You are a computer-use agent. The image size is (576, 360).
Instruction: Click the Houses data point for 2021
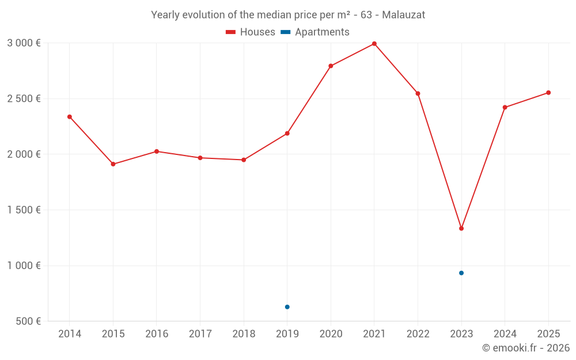click(x=374, y=44)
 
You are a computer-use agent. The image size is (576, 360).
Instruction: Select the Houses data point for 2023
click(x=461, y=229)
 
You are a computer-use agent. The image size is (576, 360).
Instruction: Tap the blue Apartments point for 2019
click(x=287, y=307)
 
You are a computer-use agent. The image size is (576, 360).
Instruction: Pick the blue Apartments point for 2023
click(x=461, y=273)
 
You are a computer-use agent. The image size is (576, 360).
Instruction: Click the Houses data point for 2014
click(x=70, y=117)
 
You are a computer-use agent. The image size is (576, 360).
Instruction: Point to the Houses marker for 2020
click(x=331, y=66)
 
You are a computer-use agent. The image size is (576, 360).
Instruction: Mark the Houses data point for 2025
click(x=548, y=93)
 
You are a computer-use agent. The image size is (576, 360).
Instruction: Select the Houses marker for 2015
click(x=113, y=164)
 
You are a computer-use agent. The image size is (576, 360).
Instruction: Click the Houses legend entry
click(x=251, y=32)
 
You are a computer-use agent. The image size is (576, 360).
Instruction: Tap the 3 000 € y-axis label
click(x=24, y=43)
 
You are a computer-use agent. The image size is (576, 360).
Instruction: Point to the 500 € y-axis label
click(x=28, y=321)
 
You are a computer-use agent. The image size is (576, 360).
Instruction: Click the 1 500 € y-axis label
click(x=24, y=210)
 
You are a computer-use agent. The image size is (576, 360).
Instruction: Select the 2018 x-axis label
click(x=244, y=334)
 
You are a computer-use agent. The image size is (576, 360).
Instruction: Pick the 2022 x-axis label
click(x=418, y=334)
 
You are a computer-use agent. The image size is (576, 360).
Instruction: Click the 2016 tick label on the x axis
click(x=157, y=334)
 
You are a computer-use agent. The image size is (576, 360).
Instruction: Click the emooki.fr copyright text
click(x=525, y=348)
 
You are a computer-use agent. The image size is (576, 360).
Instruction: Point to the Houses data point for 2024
click(x=505, y=108)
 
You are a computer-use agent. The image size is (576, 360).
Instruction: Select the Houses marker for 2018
click(x=244, y=160)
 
